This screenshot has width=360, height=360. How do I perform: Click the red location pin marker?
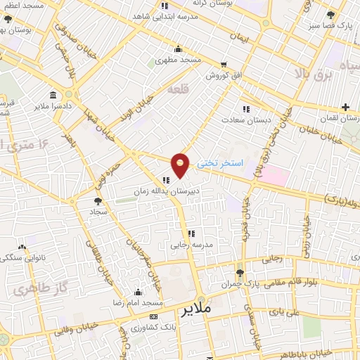tap(181, 165)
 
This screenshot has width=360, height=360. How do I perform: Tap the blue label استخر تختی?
tap(219, 162)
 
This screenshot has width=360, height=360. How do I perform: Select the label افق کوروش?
tap(205, 76)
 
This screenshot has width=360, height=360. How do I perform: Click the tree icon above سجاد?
tap(98, 201)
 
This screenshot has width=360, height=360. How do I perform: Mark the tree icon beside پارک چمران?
tap(240, 273)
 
